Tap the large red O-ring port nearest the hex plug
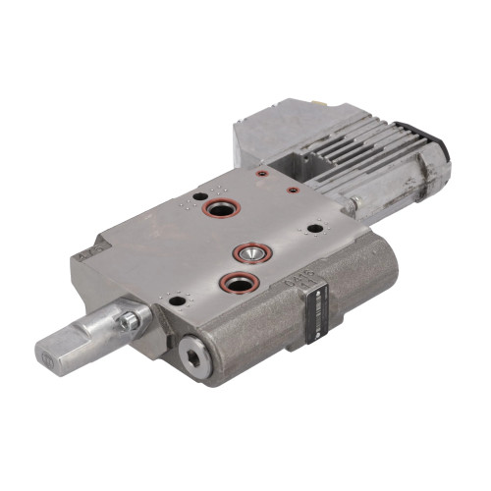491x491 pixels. (237, 284)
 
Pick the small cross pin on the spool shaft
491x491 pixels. (128, 320)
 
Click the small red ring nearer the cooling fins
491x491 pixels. (292, 190)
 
